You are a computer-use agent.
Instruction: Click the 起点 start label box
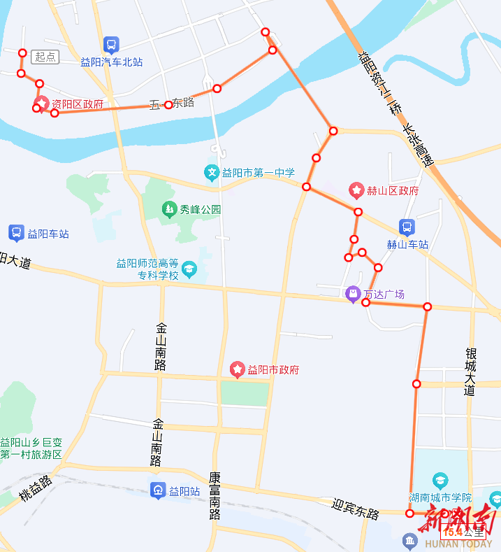tap(45, 57)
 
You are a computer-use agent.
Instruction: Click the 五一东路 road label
tap(171, 104)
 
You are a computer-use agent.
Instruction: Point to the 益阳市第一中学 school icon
tap(211, 172)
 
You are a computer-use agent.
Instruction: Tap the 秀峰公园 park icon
tap(168, 208)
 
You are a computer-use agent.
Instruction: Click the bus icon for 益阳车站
tap(16, 233)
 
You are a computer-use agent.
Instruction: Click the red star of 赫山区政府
tap(356, 190)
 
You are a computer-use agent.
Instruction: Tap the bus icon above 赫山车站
tap(407, 227)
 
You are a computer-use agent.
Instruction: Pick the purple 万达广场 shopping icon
tap(354, 294)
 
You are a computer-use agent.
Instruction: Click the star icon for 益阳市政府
tap(238, 369)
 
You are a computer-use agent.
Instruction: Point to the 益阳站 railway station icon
tap(159, 490)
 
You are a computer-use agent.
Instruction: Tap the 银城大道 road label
tap(470, 372)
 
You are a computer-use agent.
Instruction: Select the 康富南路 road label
tap(215, 496)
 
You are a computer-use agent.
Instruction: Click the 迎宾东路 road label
tap(356, 509)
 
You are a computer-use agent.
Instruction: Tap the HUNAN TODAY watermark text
tap(457, 544)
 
